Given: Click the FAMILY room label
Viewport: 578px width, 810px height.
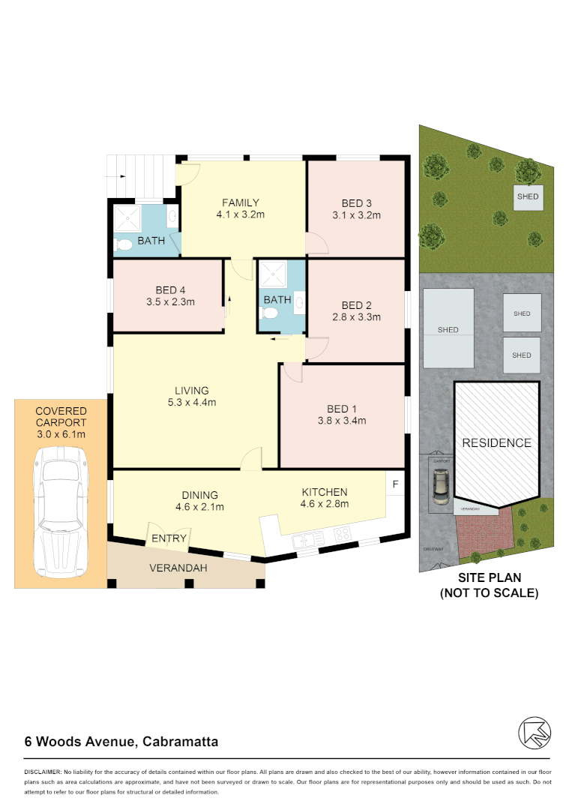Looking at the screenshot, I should [240, 202].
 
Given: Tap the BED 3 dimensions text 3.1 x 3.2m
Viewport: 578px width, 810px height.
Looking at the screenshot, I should [357, 215].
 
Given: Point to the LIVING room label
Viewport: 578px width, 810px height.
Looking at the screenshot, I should [192, 390].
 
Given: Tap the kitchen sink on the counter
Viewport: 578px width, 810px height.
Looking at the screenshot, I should [309, 537].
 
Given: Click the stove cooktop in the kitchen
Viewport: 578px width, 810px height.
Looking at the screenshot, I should [342, 535].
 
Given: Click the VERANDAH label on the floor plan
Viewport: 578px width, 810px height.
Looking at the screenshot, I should [178, 568].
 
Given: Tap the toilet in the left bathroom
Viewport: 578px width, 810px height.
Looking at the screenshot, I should [122, 244].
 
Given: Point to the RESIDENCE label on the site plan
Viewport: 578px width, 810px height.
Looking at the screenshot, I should [496, 442].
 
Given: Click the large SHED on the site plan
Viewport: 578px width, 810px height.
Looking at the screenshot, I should [448, 328].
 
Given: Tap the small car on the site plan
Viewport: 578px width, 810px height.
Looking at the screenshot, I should [440, 486].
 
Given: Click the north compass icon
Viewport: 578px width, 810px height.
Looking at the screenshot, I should [535, 733].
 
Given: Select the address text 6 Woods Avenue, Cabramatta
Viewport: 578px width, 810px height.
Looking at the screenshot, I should [121, 742].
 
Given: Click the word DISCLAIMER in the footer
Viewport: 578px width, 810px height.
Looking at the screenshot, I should [43, 772].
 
